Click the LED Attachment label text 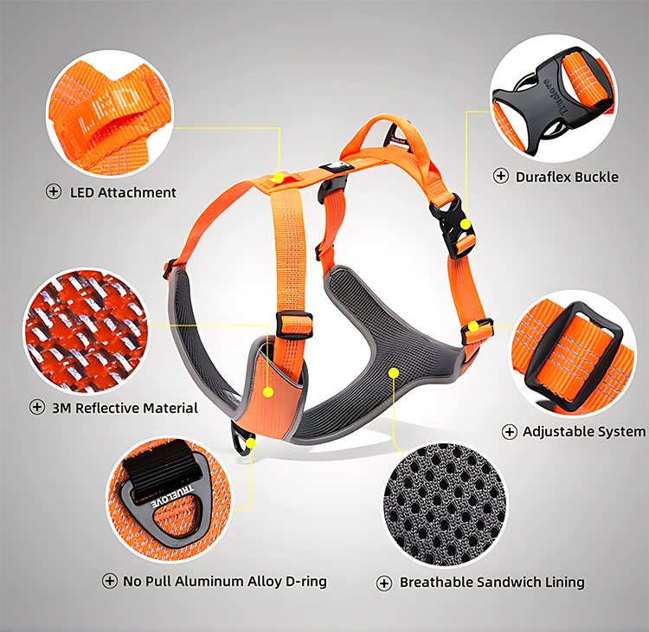click(x=122, y=192)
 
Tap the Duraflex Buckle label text click(x=567, y=177)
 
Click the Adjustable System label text click(x=583, y=431)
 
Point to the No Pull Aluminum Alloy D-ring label click(x=224, y=581)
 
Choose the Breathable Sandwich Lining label click(x=492, y=583)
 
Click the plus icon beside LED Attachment click(x=54, y=192)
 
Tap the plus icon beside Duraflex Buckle click(x=501, y=177)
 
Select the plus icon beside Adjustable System click(x=510, y=431)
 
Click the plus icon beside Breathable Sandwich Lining click(x=385, y=583)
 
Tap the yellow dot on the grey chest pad click(x=394, y=373)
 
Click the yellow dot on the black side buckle click(x=466, y=225)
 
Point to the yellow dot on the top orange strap click(x=278, y=177)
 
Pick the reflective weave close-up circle click(x=85, y=330)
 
